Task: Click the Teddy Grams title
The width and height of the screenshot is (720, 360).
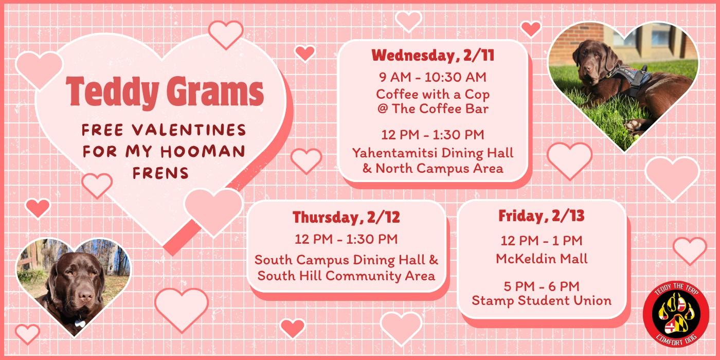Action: (x=165, y=91)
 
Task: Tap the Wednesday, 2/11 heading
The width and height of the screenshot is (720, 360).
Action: (x=433, y=55)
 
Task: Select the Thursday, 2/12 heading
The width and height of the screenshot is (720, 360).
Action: (x=346, y=217)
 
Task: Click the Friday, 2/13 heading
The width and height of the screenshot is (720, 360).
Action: (x=541, y=216)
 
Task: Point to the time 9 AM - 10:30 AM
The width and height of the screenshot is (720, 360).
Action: (x=433, y=77)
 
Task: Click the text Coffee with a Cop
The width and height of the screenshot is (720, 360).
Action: (x=433, y=94)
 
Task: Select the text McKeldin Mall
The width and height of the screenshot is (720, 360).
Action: (x=542, y=258)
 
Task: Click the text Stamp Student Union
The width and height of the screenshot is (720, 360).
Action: (x=542, y=300)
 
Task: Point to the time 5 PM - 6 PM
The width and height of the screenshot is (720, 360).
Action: (x=542, y=286)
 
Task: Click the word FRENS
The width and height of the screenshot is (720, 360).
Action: (x=160, y=173)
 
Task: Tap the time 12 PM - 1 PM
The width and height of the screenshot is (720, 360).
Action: (x=542, y=241)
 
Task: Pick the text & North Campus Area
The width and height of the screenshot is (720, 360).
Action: (x=433, y=168)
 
